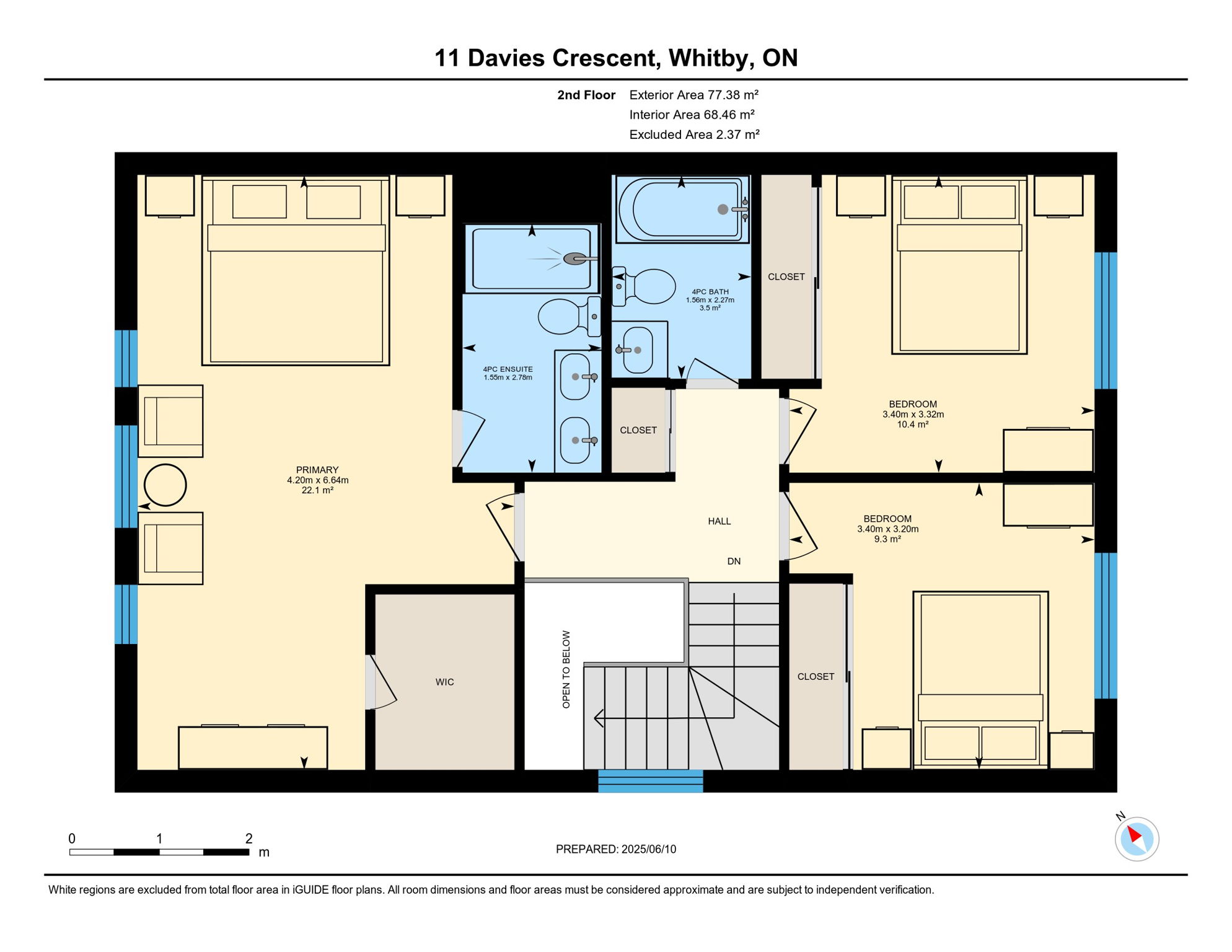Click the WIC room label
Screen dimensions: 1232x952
(445, 682)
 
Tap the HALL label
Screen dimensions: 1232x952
(719, 521)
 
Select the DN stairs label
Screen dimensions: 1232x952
(734, 562)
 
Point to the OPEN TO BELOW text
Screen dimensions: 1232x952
(566, 669)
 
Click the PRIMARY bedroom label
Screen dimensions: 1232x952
(317, 470)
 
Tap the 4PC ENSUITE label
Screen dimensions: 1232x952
(508, 369)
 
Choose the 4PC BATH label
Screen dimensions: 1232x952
(710, 292)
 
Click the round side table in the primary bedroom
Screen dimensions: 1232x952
(165, 485)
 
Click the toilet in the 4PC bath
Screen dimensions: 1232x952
(644, 286)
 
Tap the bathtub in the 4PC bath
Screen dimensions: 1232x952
(682, 209)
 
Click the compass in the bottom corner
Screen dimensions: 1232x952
(1137, 839)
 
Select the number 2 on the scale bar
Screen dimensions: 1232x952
(249, 839)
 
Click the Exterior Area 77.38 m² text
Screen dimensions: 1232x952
(694, 95)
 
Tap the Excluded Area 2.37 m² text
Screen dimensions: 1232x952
(695, 134)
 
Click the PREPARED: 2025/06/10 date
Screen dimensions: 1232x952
(616, 849)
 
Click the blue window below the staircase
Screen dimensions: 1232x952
(651, 781)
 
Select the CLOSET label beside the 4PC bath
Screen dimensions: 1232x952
(786, 277)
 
